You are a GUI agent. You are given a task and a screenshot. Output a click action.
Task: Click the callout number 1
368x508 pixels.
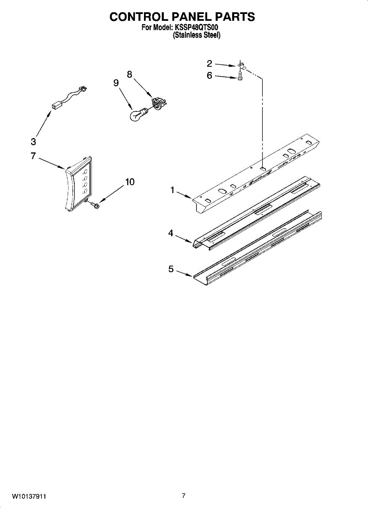[x=172, y=190]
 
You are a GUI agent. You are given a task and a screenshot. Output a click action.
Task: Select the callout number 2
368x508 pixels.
[x=210, y=64]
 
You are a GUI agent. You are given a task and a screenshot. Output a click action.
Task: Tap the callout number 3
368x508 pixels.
[x=33, y=142]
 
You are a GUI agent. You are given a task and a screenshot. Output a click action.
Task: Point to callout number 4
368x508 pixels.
[x=171, y=233]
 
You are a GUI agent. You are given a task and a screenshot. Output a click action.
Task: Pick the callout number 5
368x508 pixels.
[x=171, y=269]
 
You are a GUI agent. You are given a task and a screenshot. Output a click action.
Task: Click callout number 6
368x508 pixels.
[x=210, y=76]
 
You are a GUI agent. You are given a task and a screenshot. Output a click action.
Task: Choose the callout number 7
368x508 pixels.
[x=33, y=156]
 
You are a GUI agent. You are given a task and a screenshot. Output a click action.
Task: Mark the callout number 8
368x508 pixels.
[x=130, y=74]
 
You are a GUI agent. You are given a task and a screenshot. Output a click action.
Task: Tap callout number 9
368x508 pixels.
[x=116, y=83]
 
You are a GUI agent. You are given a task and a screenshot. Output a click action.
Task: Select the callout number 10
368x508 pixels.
[x=130, y=182]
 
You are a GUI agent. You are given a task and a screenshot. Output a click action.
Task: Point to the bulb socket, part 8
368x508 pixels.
[x=158, y=103]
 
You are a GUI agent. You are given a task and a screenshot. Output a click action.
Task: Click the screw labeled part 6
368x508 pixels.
[x=241, y=77]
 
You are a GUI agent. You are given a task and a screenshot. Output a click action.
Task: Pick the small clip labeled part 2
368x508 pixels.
[x=242, y=66]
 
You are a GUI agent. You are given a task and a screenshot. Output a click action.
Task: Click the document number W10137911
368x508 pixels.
[x=29, y=496]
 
